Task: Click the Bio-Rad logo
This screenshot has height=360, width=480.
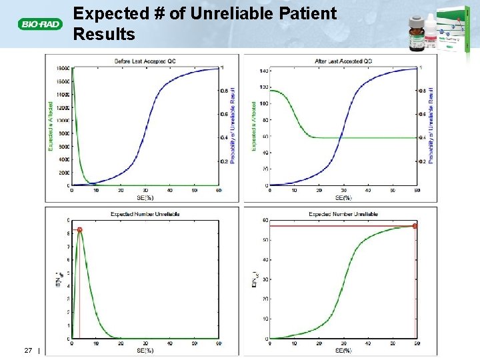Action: (x=39, y=25)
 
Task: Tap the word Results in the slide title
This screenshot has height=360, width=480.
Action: (x=104, y=34)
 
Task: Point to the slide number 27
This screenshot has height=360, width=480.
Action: (x=29, y=350)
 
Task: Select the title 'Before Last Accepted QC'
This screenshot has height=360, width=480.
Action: (x=145, y=61)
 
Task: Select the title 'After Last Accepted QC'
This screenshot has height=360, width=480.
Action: (x=343, y=61)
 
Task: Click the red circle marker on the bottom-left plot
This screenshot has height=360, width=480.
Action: (x=79, y=230)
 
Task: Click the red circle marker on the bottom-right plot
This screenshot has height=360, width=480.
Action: (x=415, y=226)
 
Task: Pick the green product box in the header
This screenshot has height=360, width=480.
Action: (x=453, y=30)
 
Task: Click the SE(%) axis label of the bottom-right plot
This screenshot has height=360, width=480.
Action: (x=343, y=350)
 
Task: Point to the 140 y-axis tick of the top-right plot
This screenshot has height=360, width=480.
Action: (x=263, y=71)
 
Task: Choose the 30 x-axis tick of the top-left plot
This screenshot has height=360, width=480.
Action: (x=145, y=191)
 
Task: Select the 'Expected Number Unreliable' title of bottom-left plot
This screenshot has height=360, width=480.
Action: (x=145, y=214)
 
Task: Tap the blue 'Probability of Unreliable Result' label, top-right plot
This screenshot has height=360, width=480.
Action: (x=432, y=125)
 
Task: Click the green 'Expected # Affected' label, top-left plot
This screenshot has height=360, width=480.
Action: (x=51, y=125)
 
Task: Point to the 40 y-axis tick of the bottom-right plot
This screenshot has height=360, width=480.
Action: (x=265, y=260)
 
